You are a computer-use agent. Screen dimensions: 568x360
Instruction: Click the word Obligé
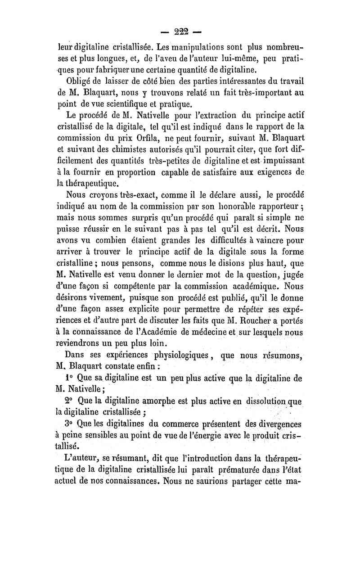(81, 81)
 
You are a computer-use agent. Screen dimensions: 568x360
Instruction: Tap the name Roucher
(261, 320)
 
